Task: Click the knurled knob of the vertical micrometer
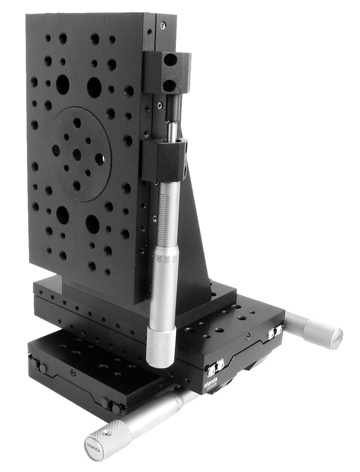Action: [161, 345]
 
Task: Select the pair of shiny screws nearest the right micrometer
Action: [275, 331]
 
